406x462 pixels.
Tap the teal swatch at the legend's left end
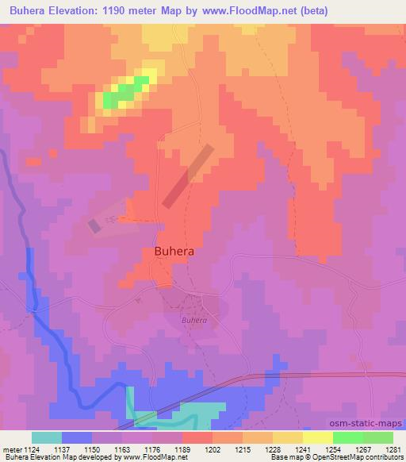tap(47, 437)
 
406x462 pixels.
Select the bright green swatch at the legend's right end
tap(377, 437)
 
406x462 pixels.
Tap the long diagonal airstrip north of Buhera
tap(187, 175)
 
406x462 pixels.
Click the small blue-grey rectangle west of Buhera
tap(94, 226)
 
